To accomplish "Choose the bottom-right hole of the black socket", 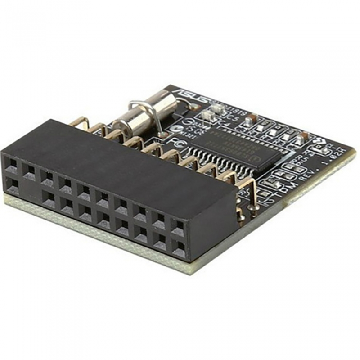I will (179, 247).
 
